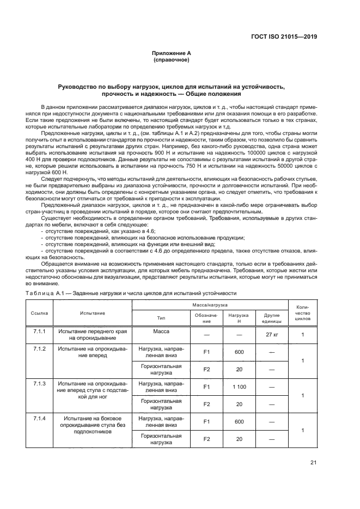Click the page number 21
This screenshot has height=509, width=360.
(x=313, y=463)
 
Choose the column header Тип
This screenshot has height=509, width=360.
(x=161, y=318)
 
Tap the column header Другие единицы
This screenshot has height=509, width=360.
(x=271, y=318)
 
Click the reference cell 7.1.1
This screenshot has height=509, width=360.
(x=39, y=332)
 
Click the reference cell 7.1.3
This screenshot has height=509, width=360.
(x=39, y=383)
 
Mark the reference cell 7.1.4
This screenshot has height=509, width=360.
(x=39, y=418)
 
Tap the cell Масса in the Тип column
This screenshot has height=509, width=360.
(x=161, y=332)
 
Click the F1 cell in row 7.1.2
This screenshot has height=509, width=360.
(x=206, y=352)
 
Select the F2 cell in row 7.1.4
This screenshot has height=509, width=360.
(x=206, y=439)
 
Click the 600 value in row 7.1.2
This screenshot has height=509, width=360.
(x=239, y=352)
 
